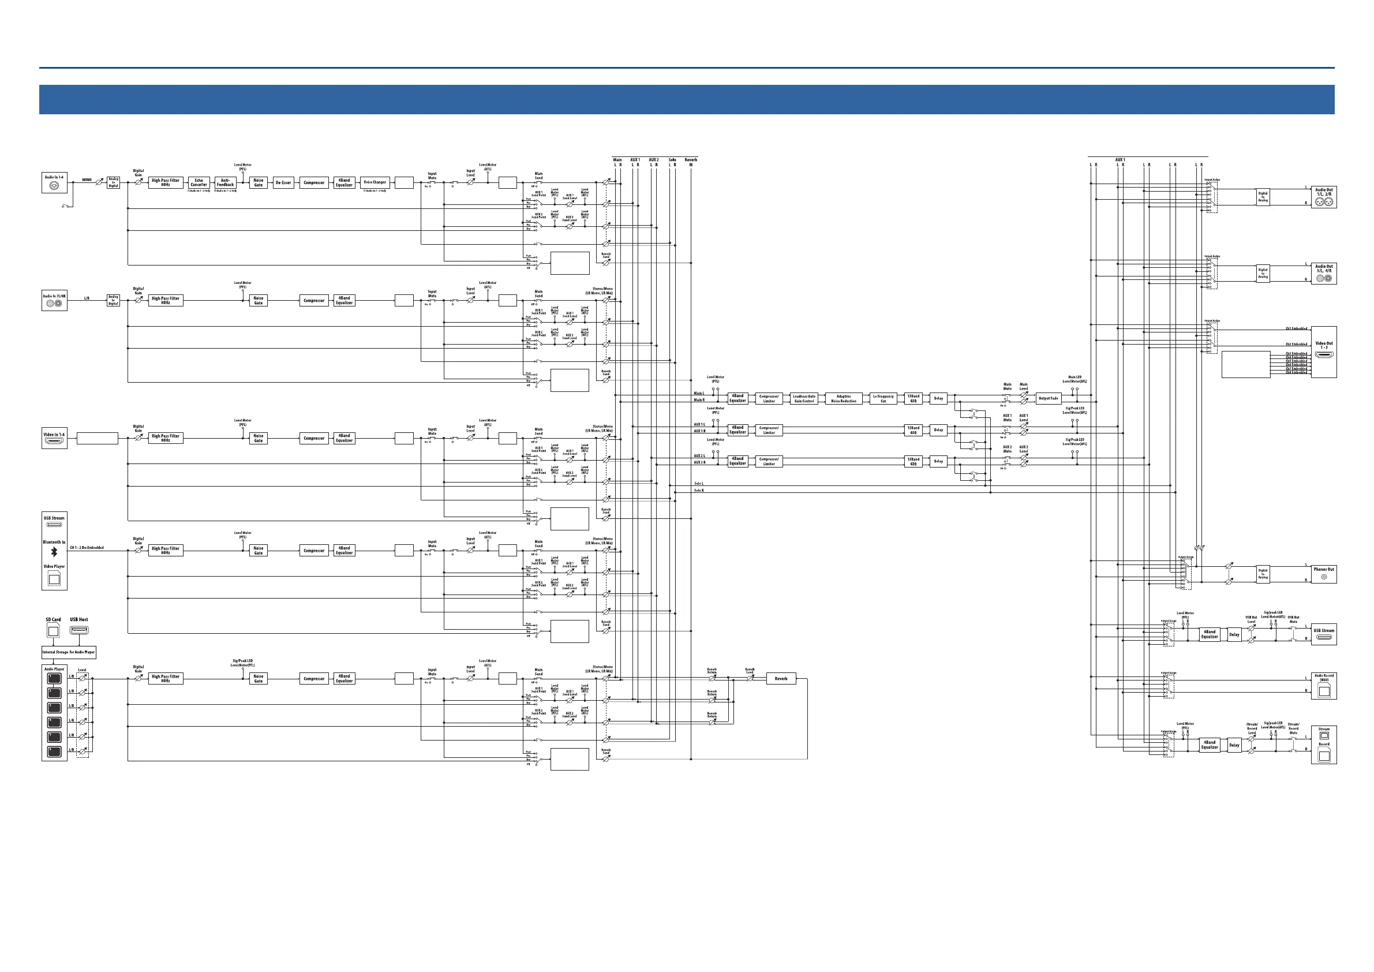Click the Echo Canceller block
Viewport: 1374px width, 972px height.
(199, 182)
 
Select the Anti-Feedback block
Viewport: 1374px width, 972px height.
(225, 182)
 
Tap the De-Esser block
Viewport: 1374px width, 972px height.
(283, 182)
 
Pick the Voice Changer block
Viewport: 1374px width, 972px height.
(375, 182)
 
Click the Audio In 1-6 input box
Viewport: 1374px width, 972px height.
(54, 183)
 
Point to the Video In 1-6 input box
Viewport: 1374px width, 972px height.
(54, 439)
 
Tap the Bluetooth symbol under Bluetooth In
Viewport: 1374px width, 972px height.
(54, 552)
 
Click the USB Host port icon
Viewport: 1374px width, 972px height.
(79, 630)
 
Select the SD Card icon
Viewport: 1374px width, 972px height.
(53, 630)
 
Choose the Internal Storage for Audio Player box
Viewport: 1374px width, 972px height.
(68, 652)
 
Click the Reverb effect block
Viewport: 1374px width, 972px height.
(781, 679)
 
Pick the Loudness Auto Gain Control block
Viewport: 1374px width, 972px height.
(804, 399)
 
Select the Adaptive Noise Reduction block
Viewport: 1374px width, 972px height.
(843, 399)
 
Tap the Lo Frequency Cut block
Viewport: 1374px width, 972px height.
(883, 399)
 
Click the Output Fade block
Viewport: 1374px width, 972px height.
(1048, 399)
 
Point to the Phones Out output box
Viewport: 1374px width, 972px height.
(1324, 574)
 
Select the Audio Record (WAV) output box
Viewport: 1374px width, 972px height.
(1324, 686)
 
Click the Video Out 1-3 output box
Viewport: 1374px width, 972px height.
(1324, 352)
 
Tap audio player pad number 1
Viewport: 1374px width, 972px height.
(54, 679)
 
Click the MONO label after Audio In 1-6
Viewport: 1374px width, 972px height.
(87, 180)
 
